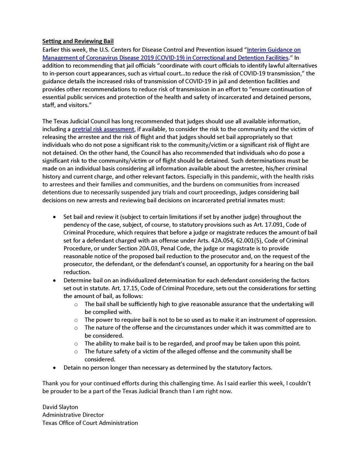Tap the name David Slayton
click(x=61, y=407)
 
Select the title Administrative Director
click(x=73, y=415)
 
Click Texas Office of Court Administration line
click(x=90, y=423)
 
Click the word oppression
click(x=301, y=320)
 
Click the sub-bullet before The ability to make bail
click(x=76, y=344)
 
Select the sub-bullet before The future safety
click(x=76, y=351)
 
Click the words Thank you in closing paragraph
click(x=54, y=383)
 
